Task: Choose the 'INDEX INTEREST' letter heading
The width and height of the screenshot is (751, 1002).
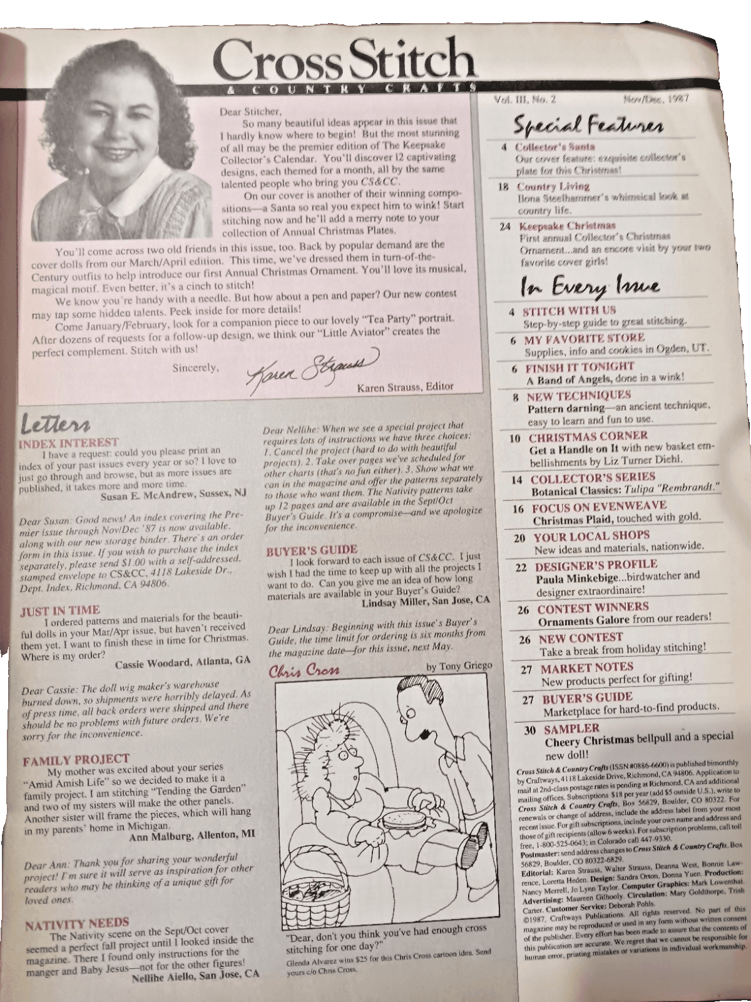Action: pyautogui.click(x=69, y=442)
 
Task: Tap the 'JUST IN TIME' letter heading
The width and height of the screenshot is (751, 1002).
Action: pyautogui.click(x=60, y=609)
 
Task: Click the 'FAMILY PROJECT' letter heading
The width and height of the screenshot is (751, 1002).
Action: pyautogui.click(x=76, y=760)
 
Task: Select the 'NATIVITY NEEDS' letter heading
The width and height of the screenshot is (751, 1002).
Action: pyautogui.click(x=77, y=922)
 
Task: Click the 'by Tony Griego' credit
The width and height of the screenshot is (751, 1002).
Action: pyautogui.click(x=459, y=666)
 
